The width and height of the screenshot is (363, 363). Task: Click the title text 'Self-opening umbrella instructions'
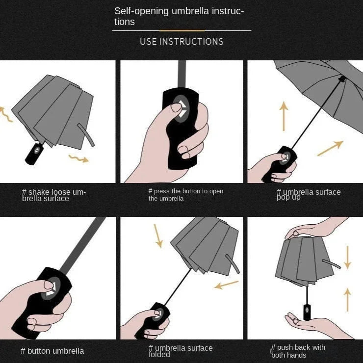[x=179, y=16]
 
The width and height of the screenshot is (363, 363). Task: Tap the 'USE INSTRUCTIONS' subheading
[x=181, y=42]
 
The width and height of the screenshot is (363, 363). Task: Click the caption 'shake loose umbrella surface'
[x=54, y=195]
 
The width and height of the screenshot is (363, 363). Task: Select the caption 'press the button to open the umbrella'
[x=185, y=195]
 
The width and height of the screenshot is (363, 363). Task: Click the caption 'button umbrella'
[x=52, y=351]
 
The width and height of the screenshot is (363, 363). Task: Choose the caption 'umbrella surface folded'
[x=181, y=351]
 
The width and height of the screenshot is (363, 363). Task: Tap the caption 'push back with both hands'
[x=298, y=351]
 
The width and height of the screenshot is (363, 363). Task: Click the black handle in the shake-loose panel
[x=33, y=153]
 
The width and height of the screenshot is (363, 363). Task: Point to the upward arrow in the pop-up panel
[x=284, y=116]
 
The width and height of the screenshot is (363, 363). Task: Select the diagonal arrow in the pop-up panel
[x=330, y=148]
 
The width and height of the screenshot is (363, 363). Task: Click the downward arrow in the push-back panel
[x=347, y=257]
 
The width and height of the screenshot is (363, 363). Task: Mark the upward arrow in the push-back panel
[x=347, y=299]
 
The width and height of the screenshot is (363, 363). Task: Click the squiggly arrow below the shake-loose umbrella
[x=78, y=158]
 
